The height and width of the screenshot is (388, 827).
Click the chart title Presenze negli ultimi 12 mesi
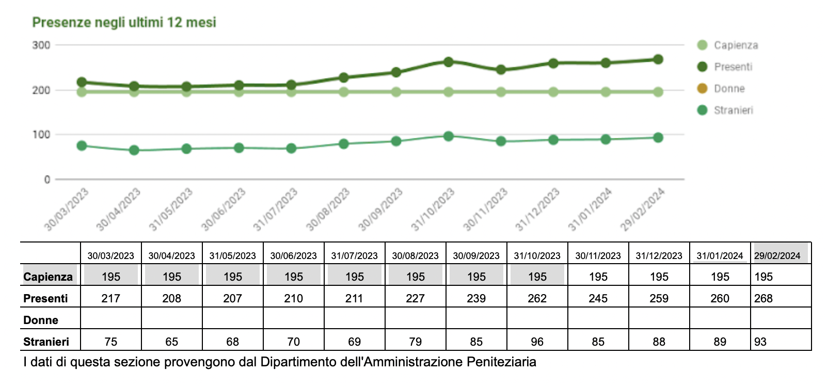[x=124, y=22]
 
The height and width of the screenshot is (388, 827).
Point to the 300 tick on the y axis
[x=41, y=45]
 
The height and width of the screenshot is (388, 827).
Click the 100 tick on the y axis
[x=41, y=135]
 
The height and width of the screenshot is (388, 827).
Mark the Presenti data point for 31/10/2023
[x=448, y=62]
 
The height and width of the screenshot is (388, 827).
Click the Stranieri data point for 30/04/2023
[x=134, y=150]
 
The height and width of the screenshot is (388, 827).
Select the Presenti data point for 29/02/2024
[x=658, y=59]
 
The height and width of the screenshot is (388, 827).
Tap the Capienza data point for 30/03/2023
[x=82, y=92]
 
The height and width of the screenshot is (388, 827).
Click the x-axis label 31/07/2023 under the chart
[x=276, y=209]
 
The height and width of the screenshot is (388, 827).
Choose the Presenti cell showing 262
[x=537, y=299]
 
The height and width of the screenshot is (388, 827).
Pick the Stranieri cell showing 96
[x=537, y=342]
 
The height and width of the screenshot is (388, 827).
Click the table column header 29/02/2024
[x=777, y=256]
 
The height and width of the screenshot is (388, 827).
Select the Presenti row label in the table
[x=45, y=299]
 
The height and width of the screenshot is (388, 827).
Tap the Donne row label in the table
[x=41, y=320]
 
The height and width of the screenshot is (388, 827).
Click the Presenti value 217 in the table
[x=110, y=299]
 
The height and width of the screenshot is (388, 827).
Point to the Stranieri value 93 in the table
[x=760, y=342]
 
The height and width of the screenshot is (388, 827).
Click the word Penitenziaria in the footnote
[x=501, y=362]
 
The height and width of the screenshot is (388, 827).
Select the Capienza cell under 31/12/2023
[x=659, y=277]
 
